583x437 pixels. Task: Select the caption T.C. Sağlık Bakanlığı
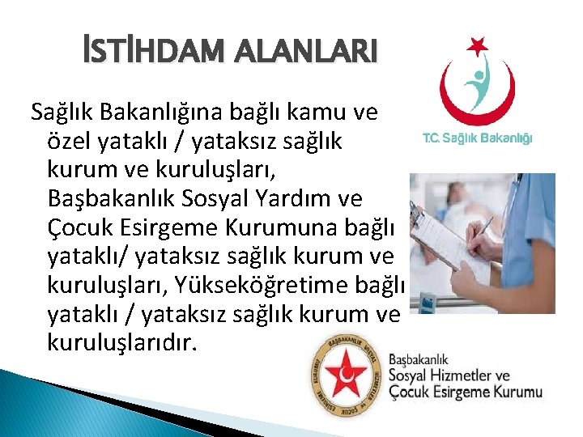pos(478,138)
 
